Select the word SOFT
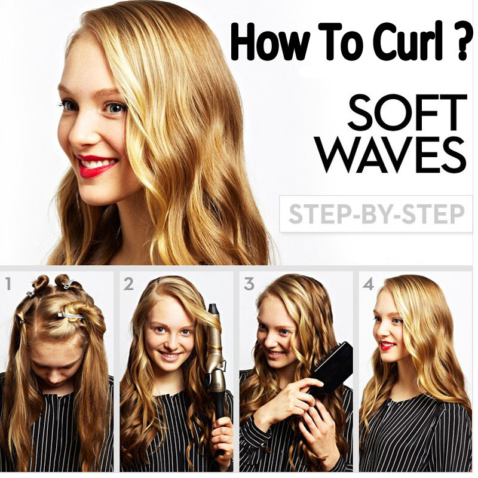coord(407,112)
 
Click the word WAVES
coord(393,155)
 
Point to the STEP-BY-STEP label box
coord(376,214)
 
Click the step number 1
coord(8,284)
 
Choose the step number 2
coord(128,284)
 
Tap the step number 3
coord(249,284)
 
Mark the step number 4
coord(368,284)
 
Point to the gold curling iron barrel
coord(215,348)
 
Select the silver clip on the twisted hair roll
coord(71,315)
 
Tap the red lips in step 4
coord(387,345)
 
